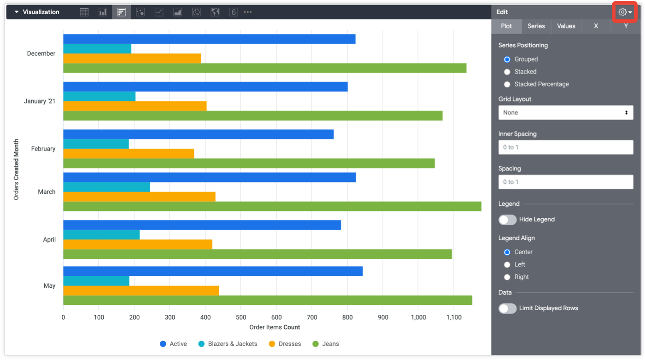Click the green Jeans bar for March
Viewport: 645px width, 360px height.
click(272, 206)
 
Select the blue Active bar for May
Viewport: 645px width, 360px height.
click(213, 271)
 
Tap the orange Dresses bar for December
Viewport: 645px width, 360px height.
click(132, 58)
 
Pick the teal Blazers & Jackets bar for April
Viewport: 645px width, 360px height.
click(101, 235)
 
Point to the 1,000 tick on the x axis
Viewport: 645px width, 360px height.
click(418, 317)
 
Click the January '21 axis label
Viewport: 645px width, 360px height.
click(40, 101)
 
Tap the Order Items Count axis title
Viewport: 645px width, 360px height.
click(275, 327)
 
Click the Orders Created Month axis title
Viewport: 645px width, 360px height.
click(17, 169)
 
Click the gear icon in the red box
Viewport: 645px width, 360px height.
click(623, 12)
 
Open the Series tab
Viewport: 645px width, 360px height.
click(536, 26)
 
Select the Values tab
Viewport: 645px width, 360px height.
click(566, 26)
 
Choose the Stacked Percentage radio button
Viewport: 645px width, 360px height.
click(507, 84)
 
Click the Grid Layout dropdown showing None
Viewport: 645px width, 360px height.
click(565, 112)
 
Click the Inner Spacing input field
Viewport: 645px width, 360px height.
click(565, 147)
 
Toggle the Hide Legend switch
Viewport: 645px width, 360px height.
click(508, 220)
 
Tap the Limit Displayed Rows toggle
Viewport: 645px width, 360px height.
click(508, 308)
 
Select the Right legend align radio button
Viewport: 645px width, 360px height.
click(507, 277)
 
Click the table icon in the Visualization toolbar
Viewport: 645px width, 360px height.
click(84, 12)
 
